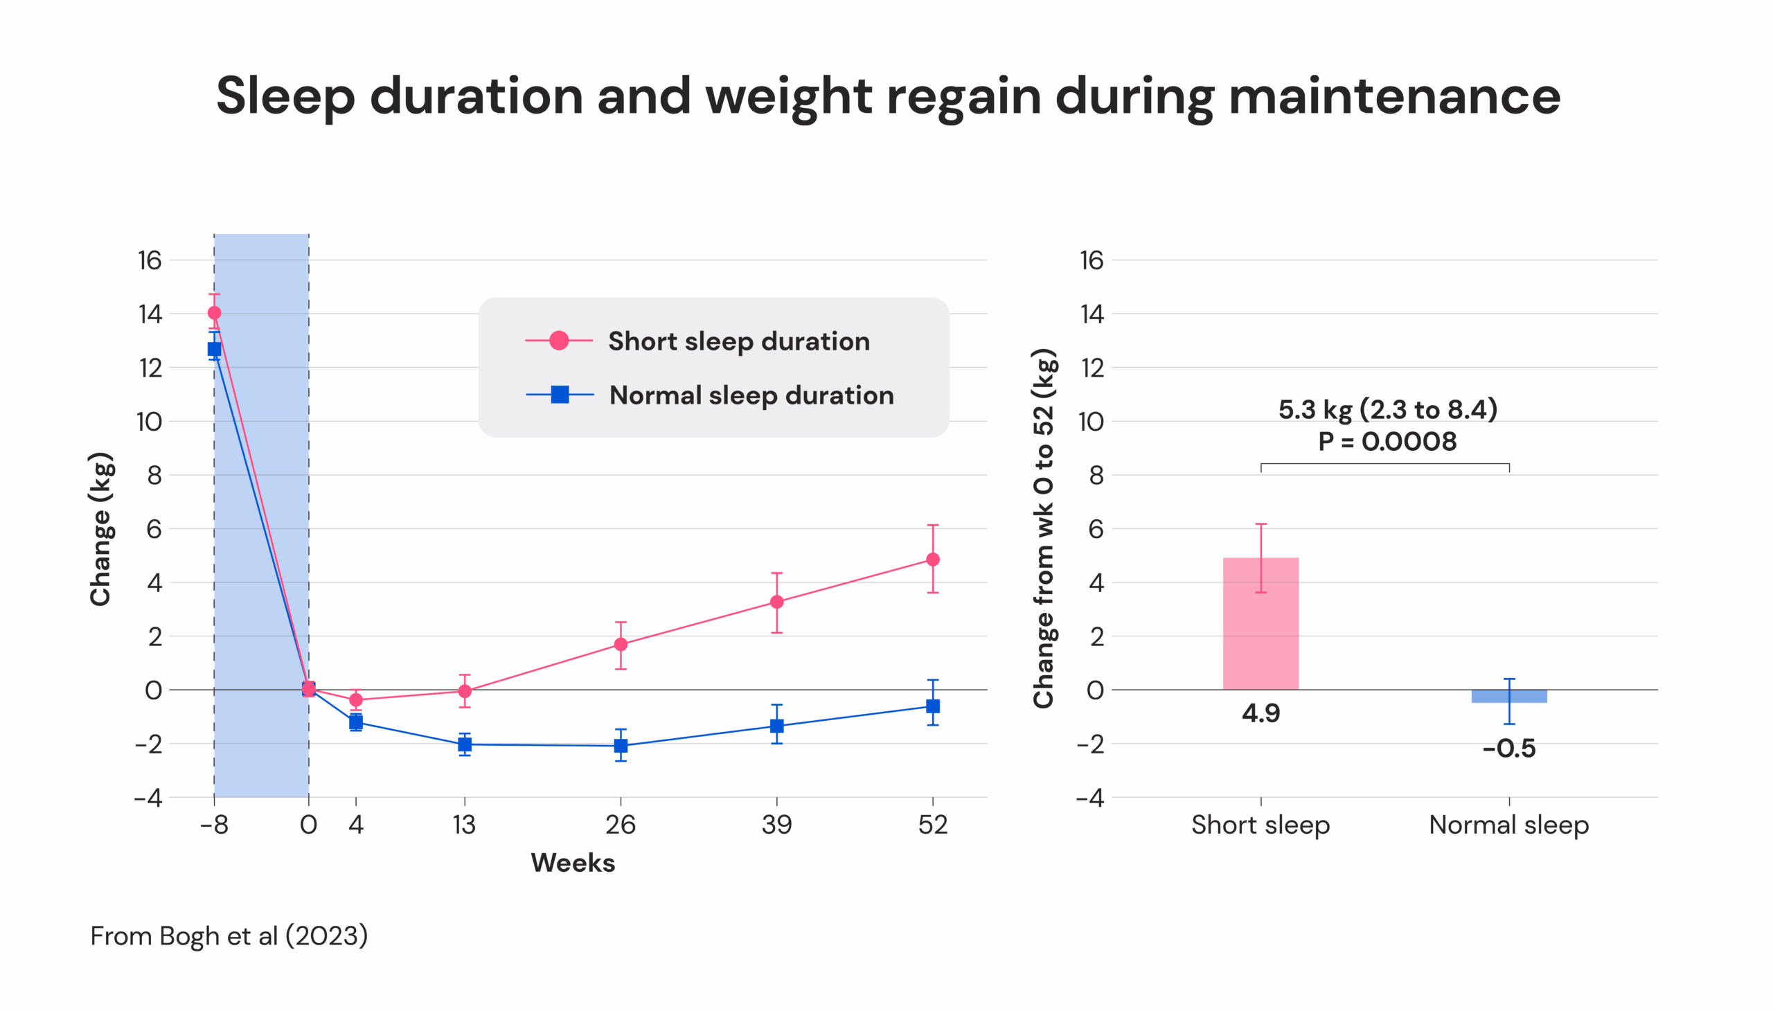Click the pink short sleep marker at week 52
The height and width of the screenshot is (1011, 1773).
click(x=932, y=559)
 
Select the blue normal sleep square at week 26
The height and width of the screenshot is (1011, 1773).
click(x=620, y=746)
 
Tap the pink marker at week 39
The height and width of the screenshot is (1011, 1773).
click(x=776, y=602)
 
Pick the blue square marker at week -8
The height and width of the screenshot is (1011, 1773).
click(x=214, y=349)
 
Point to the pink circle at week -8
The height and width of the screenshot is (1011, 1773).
click(x=214, y=313)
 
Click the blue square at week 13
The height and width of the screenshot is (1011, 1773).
click(x=465, y=744)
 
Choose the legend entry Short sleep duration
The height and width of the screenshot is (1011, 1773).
click(x=738, y=341)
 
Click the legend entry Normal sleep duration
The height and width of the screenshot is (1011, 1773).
click(x=751, y=395)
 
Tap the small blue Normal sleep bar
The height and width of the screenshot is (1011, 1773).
click(x=1508, y=697)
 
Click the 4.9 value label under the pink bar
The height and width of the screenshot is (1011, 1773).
click(x=1260, y=714)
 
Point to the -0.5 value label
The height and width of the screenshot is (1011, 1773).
click(x=1508, y=749)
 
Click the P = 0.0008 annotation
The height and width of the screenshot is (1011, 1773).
click(x=1387, y=442)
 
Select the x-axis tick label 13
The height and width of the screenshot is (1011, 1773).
click(x=464, y=825)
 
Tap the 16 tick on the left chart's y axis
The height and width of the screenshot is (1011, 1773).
click(x=150, y=260)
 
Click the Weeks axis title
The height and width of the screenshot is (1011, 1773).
click(x=572, y=863)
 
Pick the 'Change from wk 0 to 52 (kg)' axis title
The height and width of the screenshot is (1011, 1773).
click(x=1043, y=528)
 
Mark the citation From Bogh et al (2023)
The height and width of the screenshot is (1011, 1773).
click(x=229, y=936)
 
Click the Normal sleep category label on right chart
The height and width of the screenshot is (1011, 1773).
click(x=1508, y=825)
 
